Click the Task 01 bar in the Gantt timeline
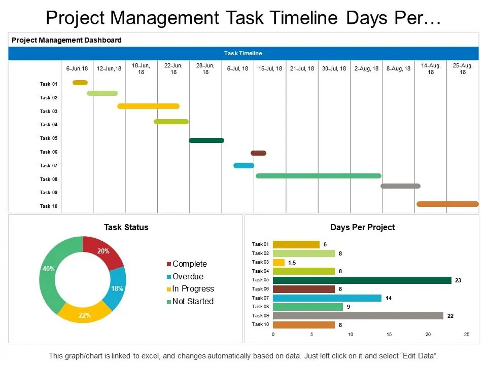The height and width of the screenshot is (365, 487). tap(80, 83)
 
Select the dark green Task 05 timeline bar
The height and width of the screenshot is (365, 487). tap(206, 140)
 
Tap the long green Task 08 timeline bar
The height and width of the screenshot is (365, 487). tap(319, 176)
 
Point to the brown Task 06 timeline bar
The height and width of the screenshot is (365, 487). tap(258, 153)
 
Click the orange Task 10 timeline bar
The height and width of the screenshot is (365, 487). tap(447, 204)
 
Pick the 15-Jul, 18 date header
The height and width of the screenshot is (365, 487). tap(270, 68)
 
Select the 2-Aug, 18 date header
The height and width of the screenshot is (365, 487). tap(366, 68)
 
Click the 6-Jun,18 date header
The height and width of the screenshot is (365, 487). tap(77, 68)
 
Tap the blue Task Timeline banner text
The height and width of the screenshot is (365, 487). tap(243, 53)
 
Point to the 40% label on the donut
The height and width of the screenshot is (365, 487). tap(49, 269)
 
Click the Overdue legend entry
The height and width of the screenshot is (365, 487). tap(187, 276)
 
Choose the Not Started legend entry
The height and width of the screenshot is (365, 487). tap(192, 301)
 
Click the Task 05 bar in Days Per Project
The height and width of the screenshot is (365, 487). tap(362, 280)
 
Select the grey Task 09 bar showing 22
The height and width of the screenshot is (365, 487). tap(358, 316)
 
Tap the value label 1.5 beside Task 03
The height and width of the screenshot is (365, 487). tap(292, 263)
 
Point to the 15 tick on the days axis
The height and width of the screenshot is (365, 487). tap(389, 335)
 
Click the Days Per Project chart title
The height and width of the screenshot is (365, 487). tap(362, 227)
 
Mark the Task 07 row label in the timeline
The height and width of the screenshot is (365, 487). tap(49, 166)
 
